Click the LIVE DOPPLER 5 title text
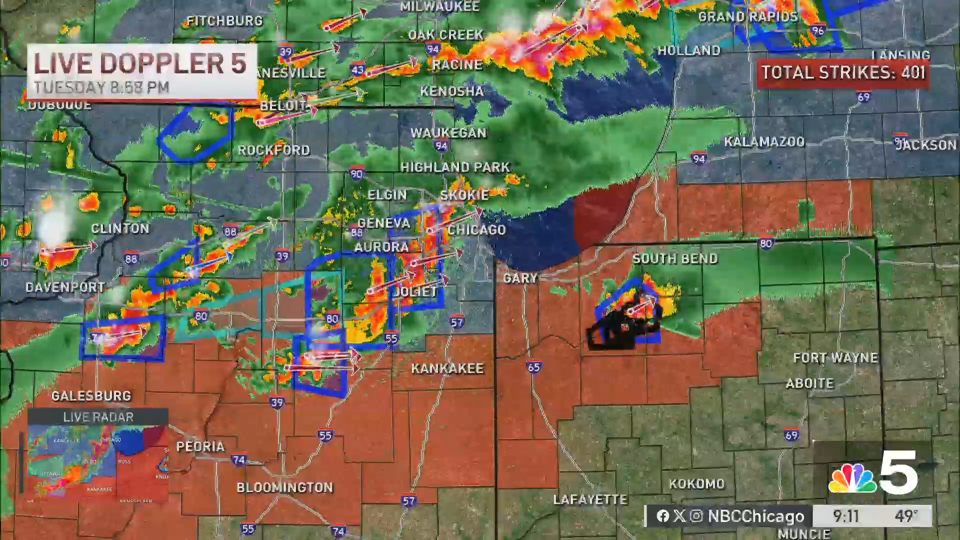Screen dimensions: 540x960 coord(140,63)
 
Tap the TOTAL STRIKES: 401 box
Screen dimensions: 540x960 coord(843,73)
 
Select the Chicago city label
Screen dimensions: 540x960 coord(476,229)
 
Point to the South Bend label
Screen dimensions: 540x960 coord(674,258)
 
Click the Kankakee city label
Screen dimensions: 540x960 coord(447,368)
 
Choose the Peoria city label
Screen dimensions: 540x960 coord(200,446)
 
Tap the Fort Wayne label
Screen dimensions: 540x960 coord(835,357)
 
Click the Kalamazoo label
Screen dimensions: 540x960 coord(764,142)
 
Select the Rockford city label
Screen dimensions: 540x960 coord(273,150)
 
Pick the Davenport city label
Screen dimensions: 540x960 coord(65,287)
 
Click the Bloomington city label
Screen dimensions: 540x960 coord(284,487)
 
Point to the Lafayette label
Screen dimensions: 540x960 coord(590,499)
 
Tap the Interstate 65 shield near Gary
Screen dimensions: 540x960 coord(533,367)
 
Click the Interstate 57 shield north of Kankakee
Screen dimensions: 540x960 coord(457,322)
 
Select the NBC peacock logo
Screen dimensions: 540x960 coord(852,478)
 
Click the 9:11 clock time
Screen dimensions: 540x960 coord(845,515)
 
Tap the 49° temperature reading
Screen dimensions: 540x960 coord(906,515)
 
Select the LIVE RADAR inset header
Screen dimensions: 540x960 coord(98,417)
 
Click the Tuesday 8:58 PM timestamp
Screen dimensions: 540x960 coord(101,87)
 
